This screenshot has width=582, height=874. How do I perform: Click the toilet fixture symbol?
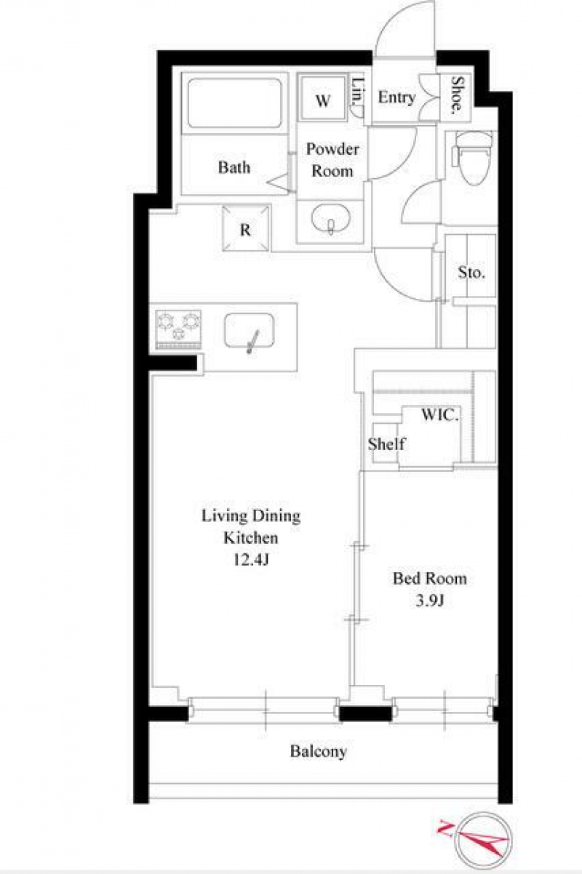[x=473, y=158]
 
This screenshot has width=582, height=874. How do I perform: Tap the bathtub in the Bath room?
[x=235, y=103]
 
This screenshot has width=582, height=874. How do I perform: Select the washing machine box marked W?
[x=323, y=97]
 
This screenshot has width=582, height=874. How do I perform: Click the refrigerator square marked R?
[x=246, y=228]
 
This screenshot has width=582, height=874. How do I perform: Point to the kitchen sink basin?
[x=250, y=330]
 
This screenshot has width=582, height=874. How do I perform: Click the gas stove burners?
[x=178, y=329]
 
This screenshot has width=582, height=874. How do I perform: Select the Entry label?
[x=396, y=97]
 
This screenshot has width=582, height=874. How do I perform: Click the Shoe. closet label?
[x=457, y=95]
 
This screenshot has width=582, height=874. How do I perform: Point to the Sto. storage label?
[x=471, y=272]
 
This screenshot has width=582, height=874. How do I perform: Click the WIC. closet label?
[x=440, y=414]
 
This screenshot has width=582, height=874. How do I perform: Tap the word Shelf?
[x=386, y=444]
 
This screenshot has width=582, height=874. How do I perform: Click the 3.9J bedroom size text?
[x=430, y=601]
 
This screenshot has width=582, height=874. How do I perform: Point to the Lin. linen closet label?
[x=357, y=92]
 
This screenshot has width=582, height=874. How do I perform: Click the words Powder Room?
[x=332, y=160]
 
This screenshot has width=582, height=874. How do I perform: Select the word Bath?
[x=234, y=167]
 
